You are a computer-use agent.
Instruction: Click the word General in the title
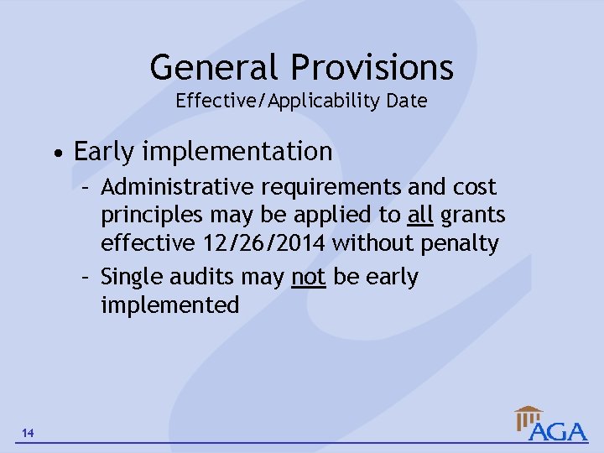coord(214,67)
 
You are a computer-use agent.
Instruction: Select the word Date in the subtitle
coord(407,102)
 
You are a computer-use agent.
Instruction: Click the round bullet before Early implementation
coord(55,154)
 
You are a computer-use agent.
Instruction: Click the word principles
coord(151,216)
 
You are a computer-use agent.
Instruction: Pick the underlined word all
coord(419,215)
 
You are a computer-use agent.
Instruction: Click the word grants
coord(472,216)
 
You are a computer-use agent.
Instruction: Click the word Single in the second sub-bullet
coord(128,277)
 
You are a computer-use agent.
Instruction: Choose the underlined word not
coord(309,277)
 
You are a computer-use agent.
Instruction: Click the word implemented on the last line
coord(169,305)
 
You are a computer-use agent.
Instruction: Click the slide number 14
coord(29,433)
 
